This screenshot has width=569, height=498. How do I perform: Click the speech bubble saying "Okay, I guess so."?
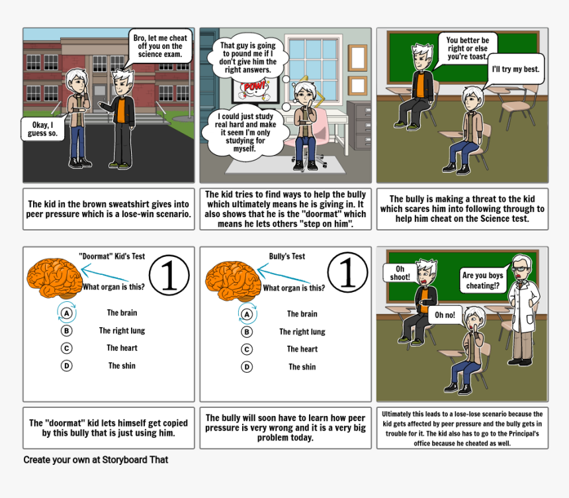point(43,128)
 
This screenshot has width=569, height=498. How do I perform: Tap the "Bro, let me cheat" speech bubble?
point(160,46)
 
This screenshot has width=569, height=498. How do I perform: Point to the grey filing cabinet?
point(359,125)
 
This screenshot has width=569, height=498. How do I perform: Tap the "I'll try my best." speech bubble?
point(515,69)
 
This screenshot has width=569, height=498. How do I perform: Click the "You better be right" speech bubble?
point(467,48)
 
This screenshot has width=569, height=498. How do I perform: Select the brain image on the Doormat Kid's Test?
point(54,277)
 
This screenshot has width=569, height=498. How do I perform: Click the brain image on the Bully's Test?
point(233,280)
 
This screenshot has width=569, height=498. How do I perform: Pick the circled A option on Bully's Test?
point(247,314)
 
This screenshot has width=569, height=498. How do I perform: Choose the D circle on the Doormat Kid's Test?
point(66,366)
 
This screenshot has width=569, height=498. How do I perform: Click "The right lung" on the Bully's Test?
point(302,332)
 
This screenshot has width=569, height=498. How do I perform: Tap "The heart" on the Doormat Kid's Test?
point(122,348)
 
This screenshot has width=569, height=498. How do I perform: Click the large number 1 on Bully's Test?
point(347,272)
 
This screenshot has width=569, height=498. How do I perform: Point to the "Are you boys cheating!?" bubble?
point(482,280)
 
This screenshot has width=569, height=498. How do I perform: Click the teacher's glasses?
point(521,269)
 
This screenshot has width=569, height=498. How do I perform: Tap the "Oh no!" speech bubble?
point(445,315)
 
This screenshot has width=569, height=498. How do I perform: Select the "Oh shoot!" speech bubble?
point(400,273)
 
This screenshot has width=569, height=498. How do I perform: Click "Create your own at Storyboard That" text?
point(96,460)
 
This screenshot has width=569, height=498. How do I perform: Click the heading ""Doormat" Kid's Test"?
point(112,256)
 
